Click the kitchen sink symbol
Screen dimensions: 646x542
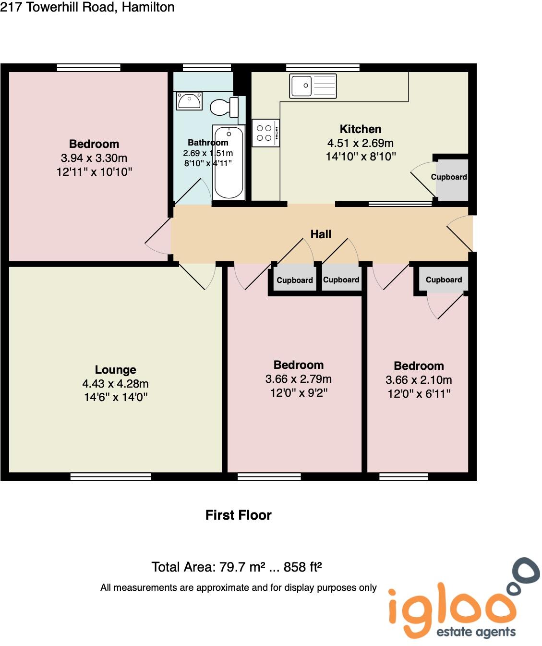click(313, 86)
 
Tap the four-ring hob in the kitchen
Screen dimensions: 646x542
click(265, 133)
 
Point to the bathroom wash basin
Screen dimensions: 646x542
click(189, 101)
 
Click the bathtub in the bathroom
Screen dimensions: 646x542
click(229, 163)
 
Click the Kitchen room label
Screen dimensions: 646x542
click(360, 129)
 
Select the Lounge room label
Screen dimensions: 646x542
click(115, 370)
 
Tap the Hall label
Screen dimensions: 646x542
click(321, 234)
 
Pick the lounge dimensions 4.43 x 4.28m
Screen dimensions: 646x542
click(115, 384)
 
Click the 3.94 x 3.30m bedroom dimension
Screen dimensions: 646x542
click(94, 158)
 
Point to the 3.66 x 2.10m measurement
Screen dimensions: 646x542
click(419, 380)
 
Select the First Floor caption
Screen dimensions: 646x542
click(238, 515)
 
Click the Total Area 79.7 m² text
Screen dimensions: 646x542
click(236, 567)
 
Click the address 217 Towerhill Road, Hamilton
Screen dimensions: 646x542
click(87, 7)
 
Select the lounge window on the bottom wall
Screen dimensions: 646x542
click(111, 476)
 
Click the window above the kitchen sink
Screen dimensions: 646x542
click(323, 68)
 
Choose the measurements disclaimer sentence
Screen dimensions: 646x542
click(238, 587)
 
